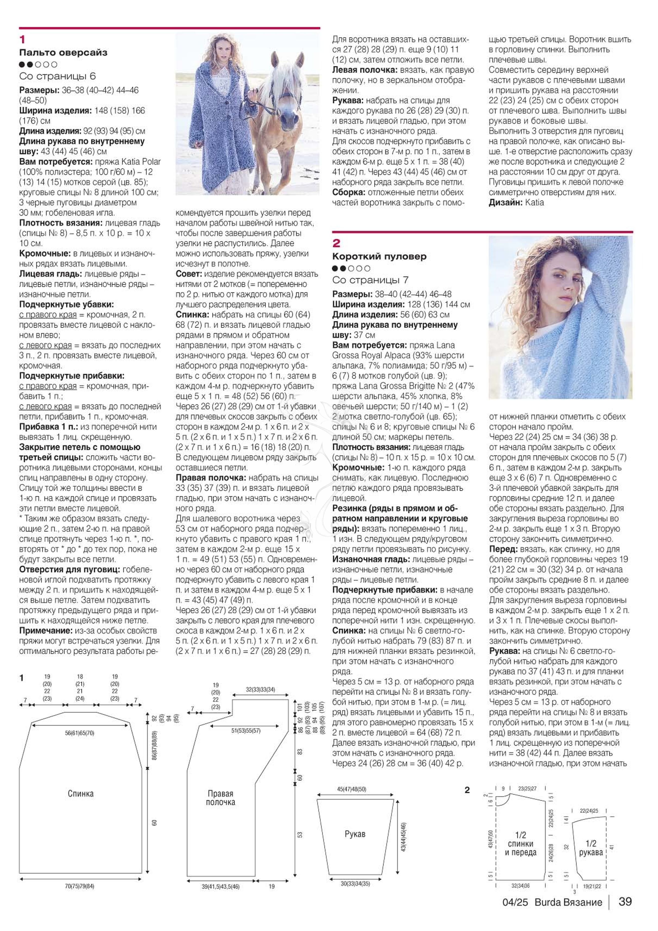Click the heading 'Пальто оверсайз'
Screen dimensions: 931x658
pos(63,52)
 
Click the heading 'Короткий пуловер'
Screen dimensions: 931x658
pos(379,256)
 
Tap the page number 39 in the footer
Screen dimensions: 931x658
pos(625,913)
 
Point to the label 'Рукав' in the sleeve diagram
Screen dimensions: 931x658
pos(355,834)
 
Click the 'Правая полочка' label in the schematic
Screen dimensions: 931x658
pos(220,798)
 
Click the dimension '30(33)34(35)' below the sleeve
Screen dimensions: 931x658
pos(355,884)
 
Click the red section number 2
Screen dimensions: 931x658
pos(336,243)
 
